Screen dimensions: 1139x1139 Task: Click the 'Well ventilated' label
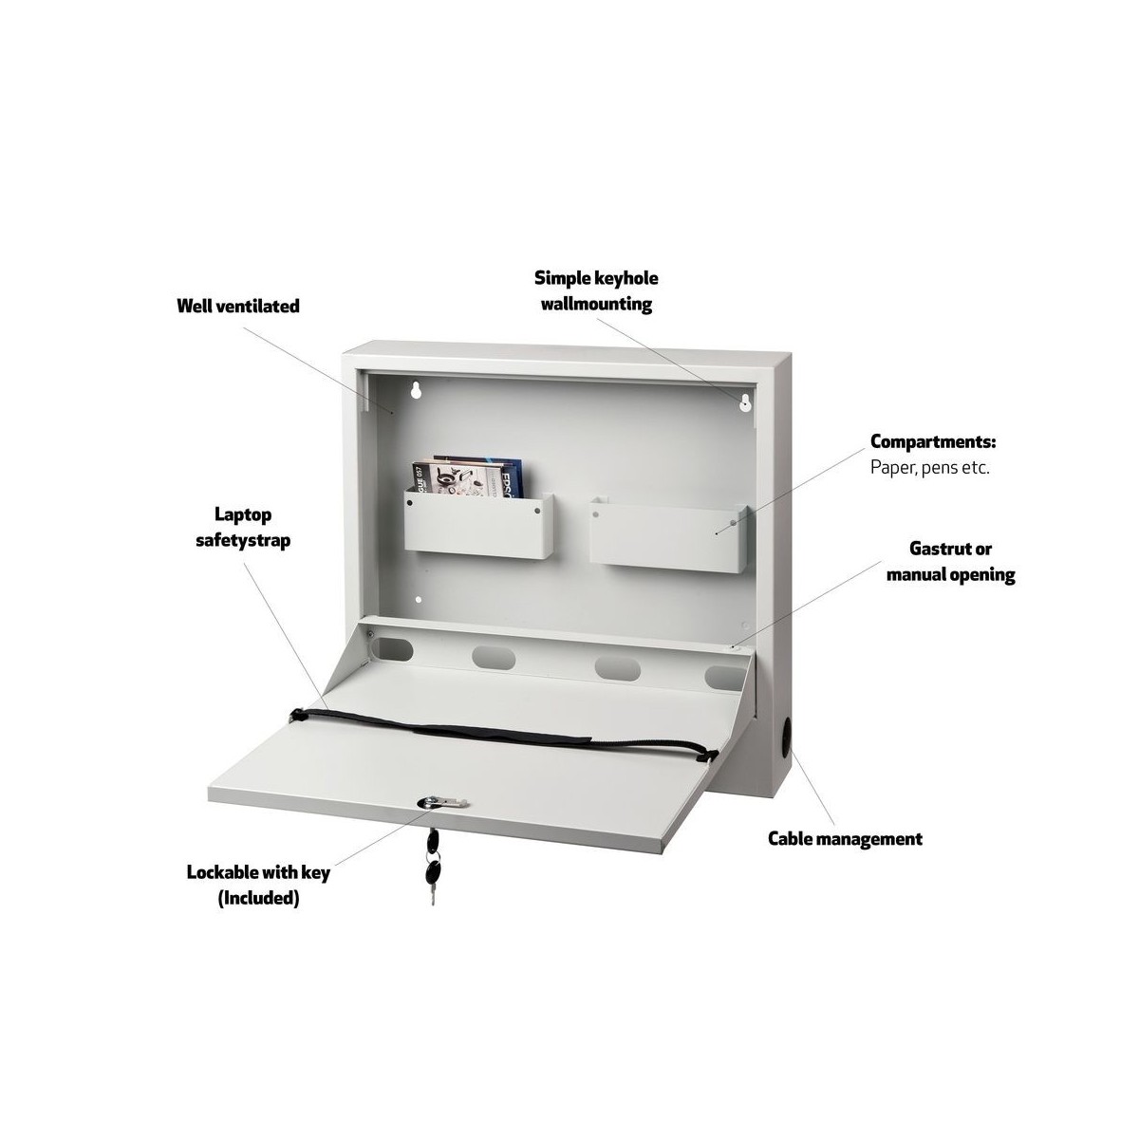[x=238, y=307]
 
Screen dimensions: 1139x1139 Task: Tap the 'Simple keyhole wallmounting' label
[x=596, y=290]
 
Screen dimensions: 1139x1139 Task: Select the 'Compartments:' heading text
[x=933, y=441]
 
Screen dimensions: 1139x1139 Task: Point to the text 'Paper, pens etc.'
[x=930, y=468]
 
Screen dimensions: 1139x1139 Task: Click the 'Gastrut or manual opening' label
[x=950, y=561]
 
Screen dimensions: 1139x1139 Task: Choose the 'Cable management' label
[x=846, y=838]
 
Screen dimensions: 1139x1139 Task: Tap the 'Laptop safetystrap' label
[x=243, y=527]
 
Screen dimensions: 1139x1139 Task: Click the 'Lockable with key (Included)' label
[x=258, y=886]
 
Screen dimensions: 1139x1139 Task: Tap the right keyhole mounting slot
[x=745, y=401]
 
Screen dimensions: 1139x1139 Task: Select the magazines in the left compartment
[x=468, y=476]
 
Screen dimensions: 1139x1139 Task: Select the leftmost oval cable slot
[x=393, y=648]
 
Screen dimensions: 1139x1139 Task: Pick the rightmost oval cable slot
[x=726, y=678]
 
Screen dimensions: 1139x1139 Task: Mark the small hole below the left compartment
[x=419, y=599]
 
